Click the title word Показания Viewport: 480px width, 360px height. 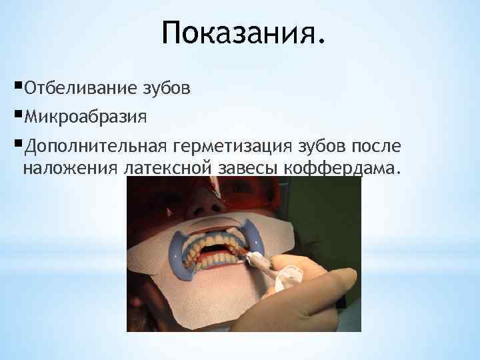click(244, 33)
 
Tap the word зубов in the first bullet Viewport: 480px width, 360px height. click(166, 88)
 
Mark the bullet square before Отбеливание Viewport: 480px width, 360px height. click(17, 87)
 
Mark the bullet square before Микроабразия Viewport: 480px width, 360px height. click(17, 117)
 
